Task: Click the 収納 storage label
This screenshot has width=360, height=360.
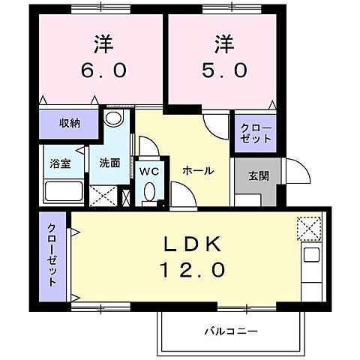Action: pos(69,121)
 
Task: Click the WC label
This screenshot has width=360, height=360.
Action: pos(149,170)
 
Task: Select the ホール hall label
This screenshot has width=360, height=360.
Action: pos(198,171)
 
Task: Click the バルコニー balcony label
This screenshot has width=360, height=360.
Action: pos(231,331)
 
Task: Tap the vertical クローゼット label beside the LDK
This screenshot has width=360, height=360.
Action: pos(53,256)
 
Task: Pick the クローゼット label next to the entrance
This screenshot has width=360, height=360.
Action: pos(255,133)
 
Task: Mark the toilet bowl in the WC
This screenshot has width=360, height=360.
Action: pos(148,193)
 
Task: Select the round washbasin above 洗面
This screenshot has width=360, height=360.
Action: pos(113,120)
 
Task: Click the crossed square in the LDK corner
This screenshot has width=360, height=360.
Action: pos(308,226)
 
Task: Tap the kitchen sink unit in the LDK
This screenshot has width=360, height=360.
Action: pos(310,262)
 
